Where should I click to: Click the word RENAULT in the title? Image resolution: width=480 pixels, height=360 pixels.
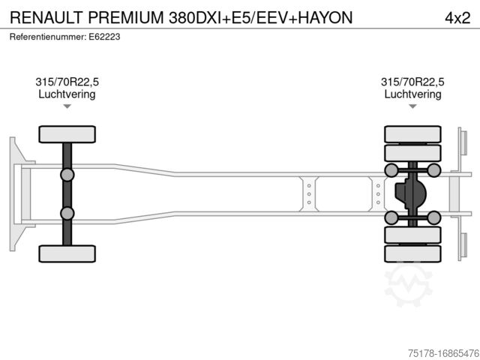[x=46, y=18]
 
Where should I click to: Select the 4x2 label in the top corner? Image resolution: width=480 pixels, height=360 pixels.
[x=457, y=18]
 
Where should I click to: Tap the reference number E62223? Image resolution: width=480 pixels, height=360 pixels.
[x=104, y=37]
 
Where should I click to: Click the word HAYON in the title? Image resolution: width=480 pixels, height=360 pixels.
[x=325, y=18]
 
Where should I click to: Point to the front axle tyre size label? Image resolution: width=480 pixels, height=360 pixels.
[x=67, y=82]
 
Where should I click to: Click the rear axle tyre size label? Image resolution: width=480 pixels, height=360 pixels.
[x=412, y=82]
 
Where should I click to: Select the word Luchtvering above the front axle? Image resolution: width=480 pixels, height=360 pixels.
[x=67, y=94]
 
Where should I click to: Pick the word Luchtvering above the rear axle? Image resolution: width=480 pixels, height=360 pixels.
[x=412, y=94]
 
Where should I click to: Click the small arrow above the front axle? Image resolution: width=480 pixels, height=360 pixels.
[x=67, y=106]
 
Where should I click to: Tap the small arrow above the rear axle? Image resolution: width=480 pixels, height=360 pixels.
[x=412, y=106]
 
